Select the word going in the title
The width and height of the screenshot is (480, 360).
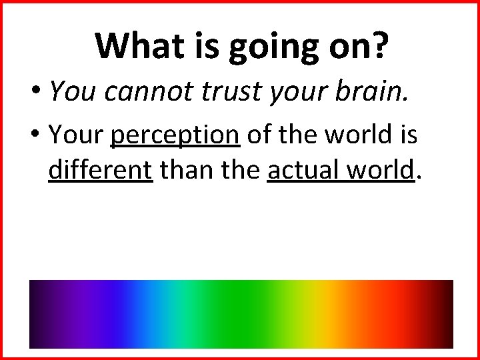pos(269,47)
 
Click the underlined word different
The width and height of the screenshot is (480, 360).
pos(101,170)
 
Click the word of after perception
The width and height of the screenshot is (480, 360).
pos(261,135)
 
